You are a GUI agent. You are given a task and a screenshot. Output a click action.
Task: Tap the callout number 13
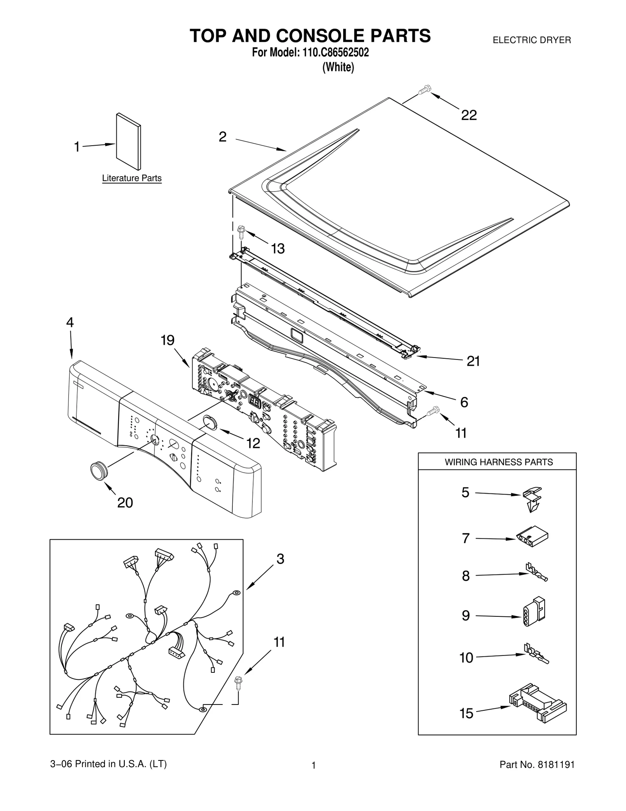click(x=278, y=249)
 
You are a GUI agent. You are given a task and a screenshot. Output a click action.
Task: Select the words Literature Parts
click(x=132, y=178)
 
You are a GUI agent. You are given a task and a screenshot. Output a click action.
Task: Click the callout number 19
click(x=167, y=340)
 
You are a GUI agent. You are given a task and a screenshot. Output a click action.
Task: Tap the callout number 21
click(x=473, y=361)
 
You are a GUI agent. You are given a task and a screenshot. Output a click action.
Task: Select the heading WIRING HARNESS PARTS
click(x=499, y=462)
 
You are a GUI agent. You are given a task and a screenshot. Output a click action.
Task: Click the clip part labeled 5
click(x=533, y=499)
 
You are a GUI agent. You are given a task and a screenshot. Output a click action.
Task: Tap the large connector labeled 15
click(x=538, y=705)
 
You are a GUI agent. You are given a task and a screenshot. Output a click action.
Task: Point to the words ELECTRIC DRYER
click(x=532, y=40)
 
